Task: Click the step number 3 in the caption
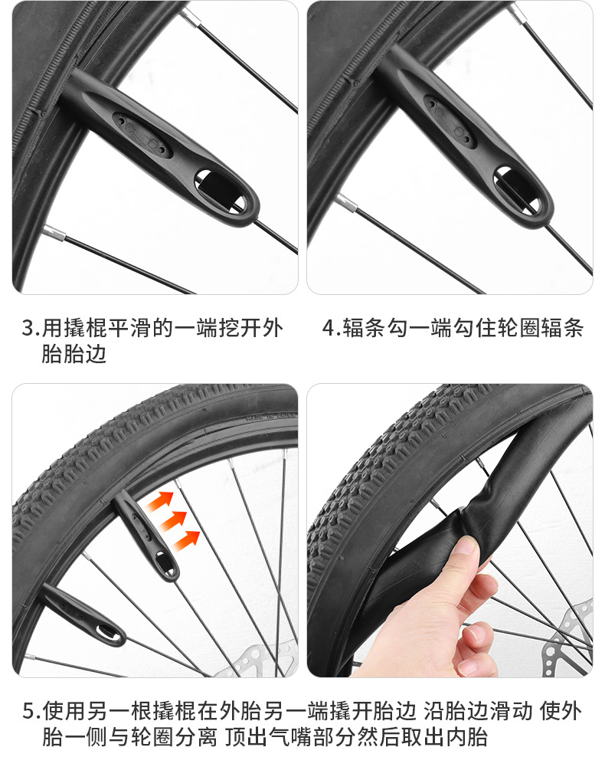point(29,328)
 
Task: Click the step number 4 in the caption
point(329,328)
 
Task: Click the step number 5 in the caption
point(29,710)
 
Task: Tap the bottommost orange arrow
point(187,539)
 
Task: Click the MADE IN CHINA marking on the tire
point(272,417)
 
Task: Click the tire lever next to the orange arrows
point(147,536)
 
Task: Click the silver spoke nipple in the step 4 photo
point(346,202)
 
